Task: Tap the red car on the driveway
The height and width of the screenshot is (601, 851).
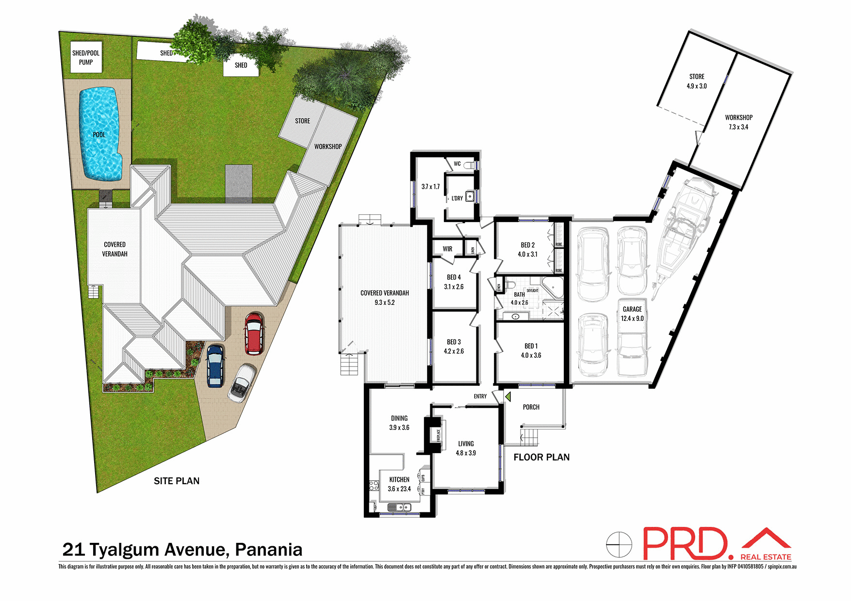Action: [254, 333]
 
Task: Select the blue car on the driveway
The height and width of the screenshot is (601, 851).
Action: [215, 365]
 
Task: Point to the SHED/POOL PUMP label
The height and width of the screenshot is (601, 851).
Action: [86, 58]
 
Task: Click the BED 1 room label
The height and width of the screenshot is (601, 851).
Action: [531, 346]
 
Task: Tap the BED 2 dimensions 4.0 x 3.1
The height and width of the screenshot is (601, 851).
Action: [527, 254]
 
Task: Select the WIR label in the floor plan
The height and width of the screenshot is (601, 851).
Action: [447, 249]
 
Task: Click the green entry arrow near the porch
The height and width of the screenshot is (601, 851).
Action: [507, 397]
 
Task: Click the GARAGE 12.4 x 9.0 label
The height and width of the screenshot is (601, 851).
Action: [632, 314]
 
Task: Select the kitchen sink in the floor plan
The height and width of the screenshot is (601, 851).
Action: [399, 507]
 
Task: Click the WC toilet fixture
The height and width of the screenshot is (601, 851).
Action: [469, 165]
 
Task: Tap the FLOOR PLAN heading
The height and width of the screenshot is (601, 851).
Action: [541, 457]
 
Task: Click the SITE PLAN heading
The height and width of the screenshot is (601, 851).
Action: [177, 481]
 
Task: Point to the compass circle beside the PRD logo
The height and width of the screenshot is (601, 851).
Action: [619, 544]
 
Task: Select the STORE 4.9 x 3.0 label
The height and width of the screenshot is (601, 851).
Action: [696, 81]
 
